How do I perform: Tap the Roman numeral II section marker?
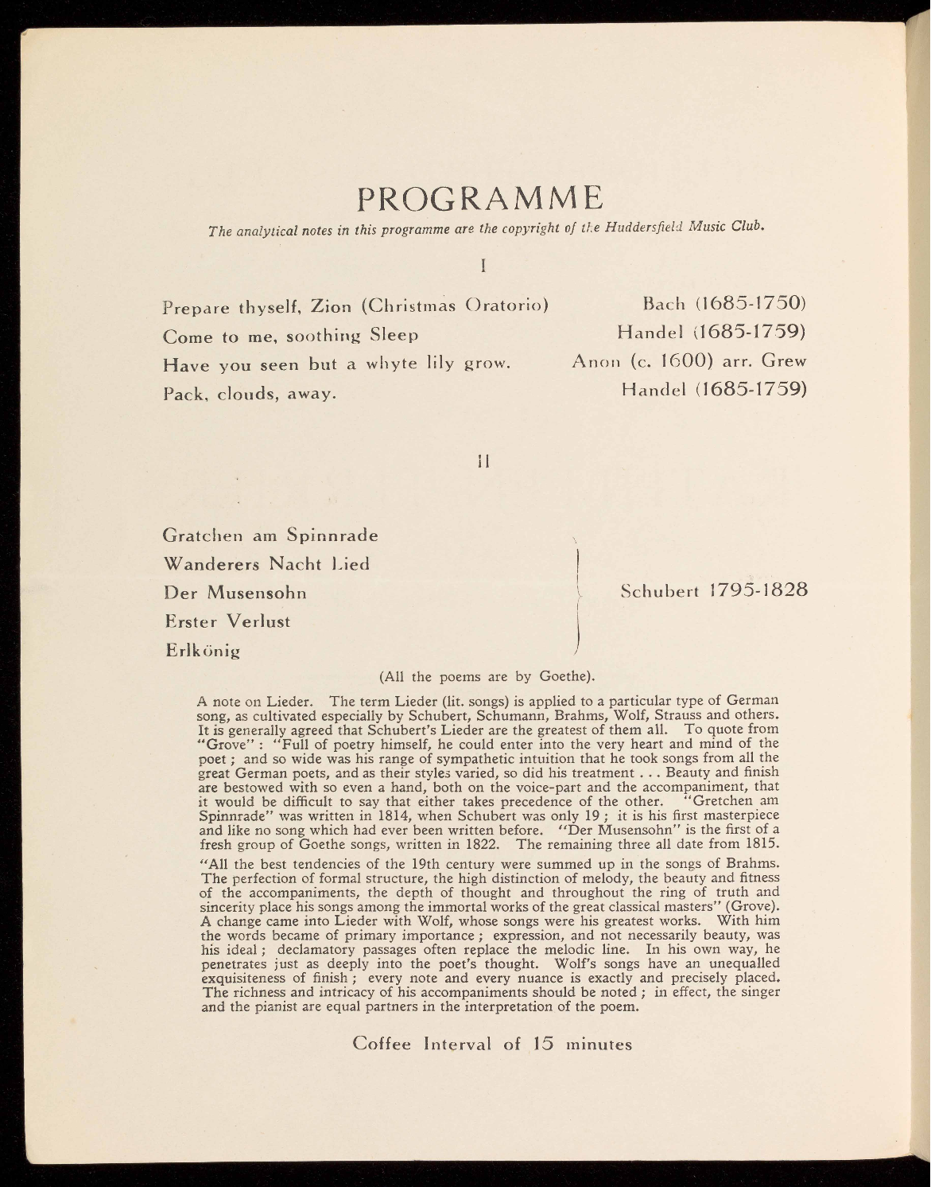[482, 461]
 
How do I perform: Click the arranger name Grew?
[784, 361]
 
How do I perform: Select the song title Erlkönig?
[202, 650]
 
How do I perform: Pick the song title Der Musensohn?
[235, 593]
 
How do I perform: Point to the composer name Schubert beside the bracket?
[658, 591]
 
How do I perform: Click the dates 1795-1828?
[758, 591]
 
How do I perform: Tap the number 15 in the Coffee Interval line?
[543, 1043]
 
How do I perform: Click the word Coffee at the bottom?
[382, 1043]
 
